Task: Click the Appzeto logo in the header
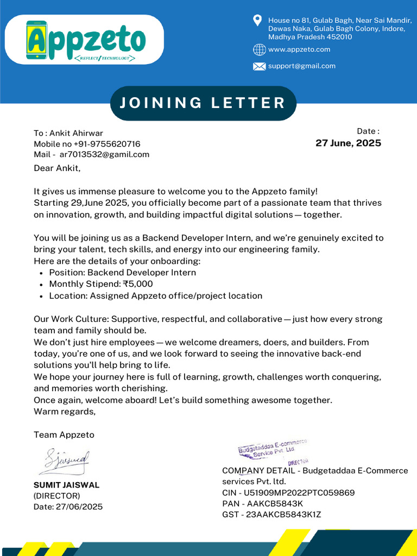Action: [87, 40]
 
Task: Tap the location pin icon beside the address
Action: [258, 21]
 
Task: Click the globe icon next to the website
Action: [259, 50]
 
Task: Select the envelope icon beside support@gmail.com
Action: [259, 66]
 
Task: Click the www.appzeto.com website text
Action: [299, 49]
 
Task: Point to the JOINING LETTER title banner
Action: [203, 103]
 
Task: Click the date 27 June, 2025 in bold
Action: [348, 143]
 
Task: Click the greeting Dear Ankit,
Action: [57, 168]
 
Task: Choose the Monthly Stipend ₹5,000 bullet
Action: [101, 284]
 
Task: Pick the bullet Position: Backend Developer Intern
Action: [122, 273]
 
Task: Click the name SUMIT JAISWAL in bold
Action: [67, 485]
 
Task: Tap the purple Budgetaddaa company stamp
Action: [272, 449]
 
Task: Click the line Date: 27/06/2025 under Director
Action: [68, 507]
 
